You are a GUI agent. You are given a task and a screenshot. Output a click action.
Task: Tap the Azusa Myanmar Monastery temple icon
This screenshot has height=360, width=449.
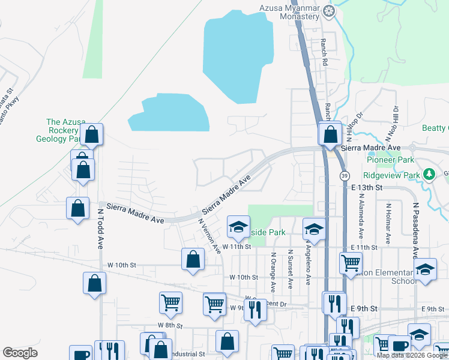[329, 10]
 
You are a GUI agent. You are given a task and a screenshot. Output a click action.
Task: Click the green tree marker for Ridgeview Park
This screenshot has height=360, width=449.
[429, 175]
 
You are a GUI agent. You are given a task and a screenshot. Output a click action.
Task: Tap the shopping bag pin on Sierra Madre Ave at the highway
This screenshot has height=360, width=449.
[330, 134]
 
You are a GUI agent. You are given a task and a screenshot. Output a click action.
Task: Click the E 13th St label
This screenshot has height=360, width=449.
[367, 188]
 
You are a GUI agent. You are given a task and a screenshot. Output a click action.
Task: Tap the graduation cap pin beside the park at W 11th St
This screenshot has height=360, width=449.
[238, 226]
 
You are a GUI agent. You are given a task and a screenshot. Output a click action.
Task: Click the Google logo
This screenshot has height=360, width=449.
[20, 353]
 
